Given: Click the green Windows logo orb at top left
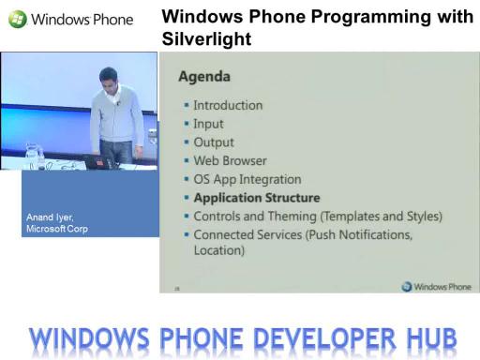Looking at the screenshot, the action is pos(18,19).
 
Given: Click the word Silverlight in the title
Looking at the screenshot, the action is pos(206,39).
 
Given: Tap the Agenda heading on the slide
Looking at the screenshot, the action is pos(204,77).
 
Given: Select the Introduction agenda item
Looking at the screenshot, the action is pos(228,105).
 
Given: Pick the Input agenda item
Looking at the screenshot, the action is pos(208,124).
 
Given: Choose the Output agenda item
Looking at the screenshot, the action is pos(214,142).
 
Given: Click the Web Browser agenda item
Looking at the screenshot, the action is pos(230,160).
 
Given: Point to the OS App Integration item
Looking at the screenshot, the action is pos(247,179).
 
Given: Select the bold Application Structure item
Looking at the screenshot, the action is pos(257,198).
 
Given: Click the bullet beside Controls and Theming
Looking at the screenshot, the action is pos(187,216).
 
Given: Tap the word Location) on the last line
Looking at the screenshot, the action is pos(219,250).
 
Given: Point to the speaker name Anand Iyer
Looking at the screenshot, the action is pos(50,217).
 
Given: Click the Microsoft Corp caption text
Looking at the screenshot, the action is pos(57,229).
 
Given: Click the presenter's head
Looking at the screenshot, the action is pos(109,79).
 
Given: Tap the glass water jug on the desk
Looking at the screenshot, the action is pos(32,155).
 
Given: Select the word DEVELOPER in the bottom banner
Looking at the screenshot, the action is pos(324,338).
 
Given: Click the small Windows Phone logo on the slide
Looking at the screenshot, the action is pos(436,286).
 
